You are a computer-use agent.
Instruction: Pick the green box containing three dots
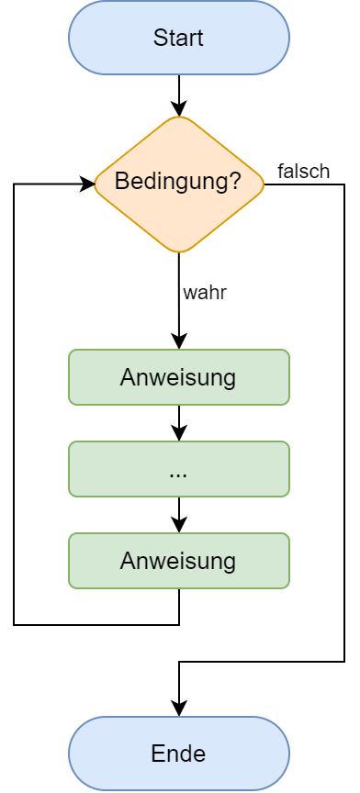pos(179,469)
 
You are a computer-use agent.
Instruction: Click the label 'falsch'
pos(303,172)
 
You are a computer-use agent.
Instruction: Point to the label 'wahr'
pos(204,294)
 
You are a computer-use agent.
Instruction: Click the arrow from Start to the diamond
pos(179,94)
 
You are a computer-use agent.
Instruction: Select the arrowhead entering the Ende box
pos(179,708)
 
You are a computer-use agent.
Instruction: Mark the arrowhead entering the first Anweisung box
pos(179,341)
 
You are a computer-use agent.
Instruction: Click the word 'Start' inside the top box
pos(178,38)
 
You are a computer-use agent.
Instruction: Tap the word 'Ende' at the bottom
pos(178,754)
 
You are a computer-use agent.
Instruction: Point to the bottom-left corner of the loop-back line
pos(14,625)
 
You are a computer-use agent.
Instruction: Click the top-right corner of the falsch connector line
pos(344,184)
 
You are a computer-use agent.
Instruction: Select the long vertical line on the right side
pos(344,422)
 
